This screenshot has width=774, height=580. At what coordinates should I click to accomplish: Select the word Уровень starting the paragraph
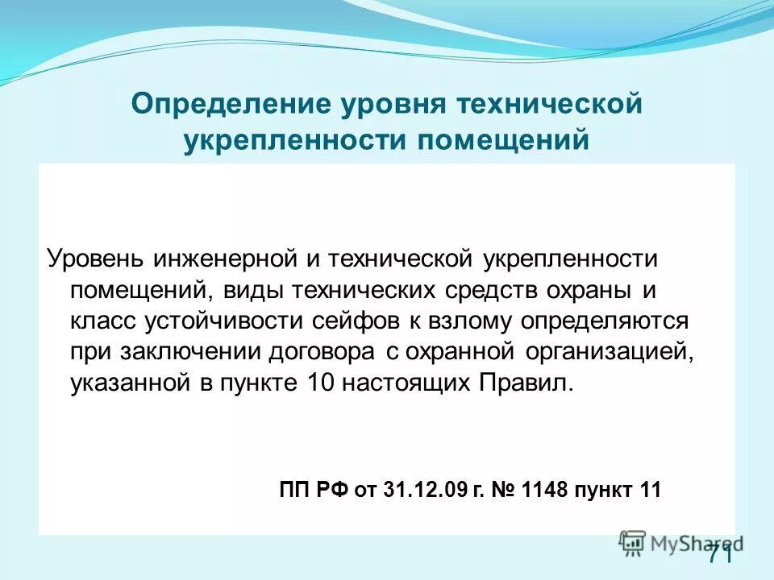point(95,259)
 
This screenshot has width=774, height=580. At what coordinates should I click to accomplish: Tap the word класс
point(103,321)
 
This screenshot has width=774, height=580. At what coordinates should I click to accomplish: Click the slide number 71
point(720,554)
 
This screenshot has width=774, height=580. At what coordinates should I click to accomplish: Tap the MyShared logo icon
point(633,542)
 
